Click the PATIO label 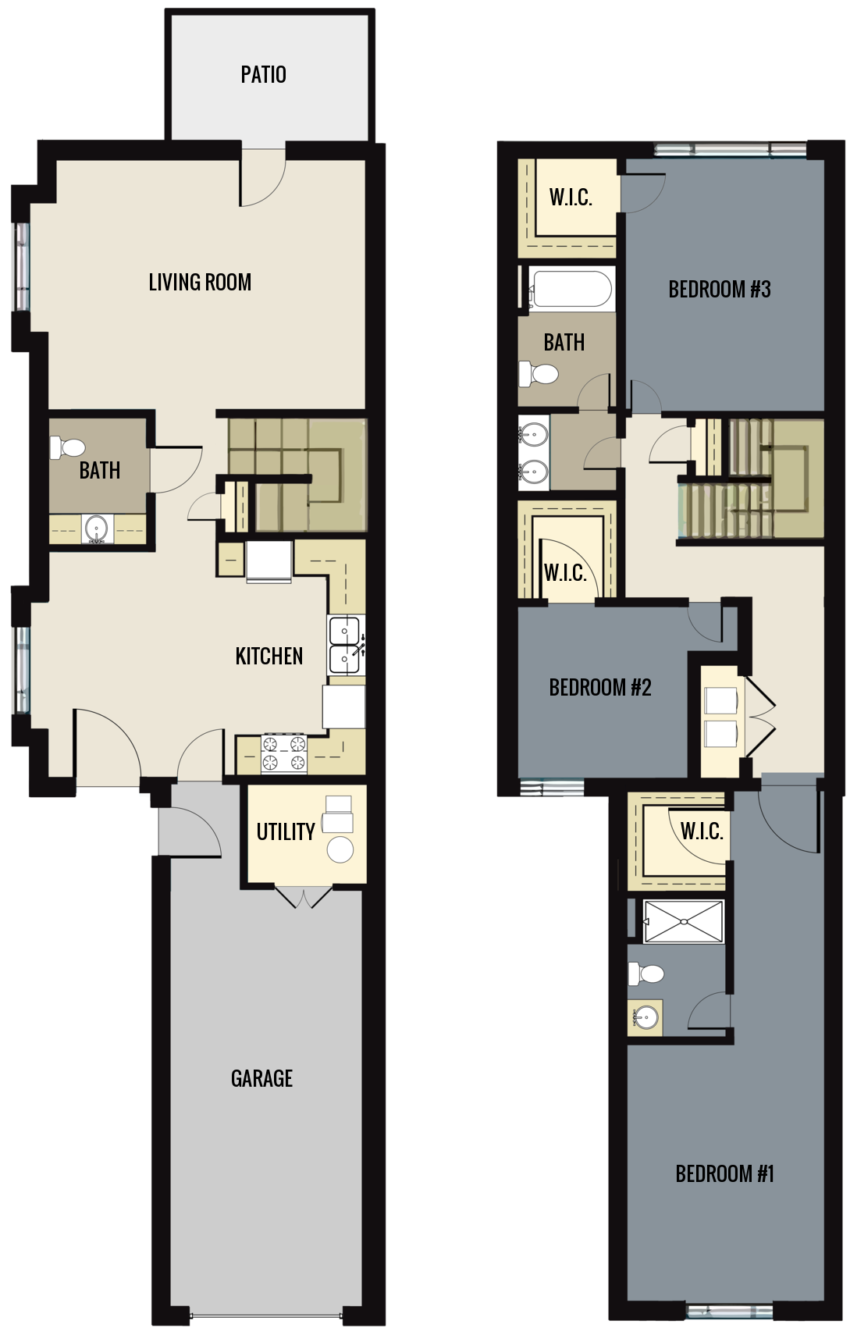[x=263, y=75]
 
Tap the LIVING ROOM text [x=200, y=282]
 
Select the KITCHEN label [x=269, y=656]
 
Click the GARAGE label [x=261, y=1079]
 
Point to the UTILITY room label [x=286, y=832]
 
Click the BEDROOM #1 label [x=724, y=1174]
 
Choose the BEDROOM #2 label [x=599, y=688]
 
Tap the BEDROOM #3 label [x=719, y=290]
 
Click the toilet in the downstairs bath [x=69, y=448]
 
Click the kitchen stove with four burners [x=284, y=755]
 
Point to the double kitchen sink [x=344, y=645]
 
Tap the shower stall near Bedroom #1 [x=684, y=921]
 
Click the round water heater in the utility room [x=340, y=849]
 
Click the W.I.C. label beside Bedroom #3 [x=570, y=198]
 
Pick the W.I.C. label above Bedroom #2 [x=565, y=574]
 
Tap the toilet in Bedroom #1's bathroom [x=647, y=974]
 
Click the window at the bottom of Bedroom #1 [x=729, y=1311]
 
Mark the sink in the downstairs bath [x=97, y=529]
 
